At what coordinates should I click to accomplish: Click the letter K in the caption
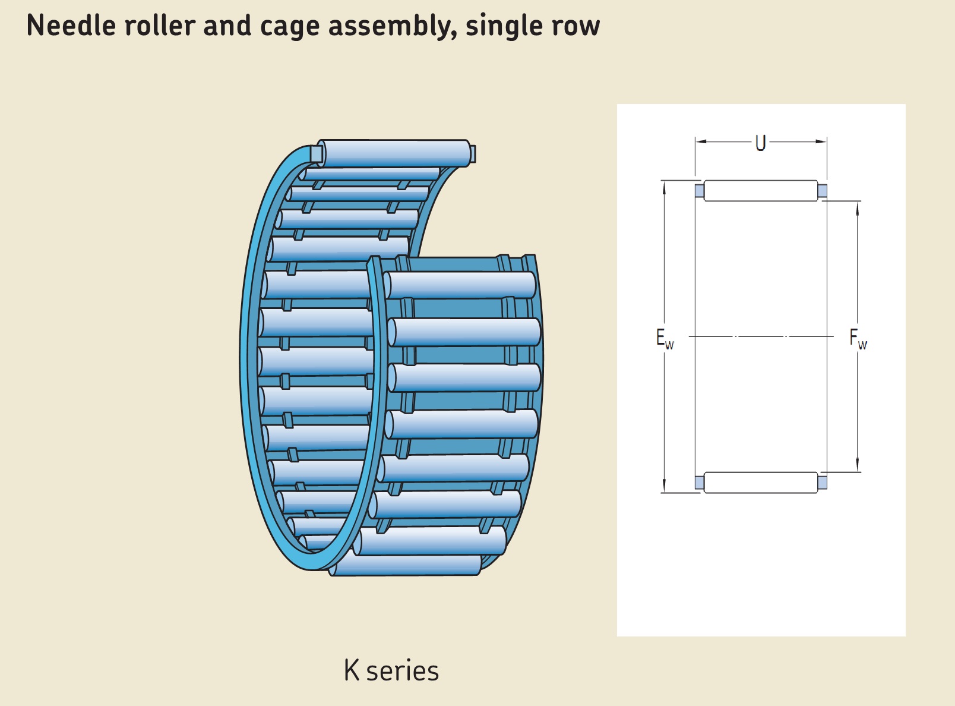tap(352, 671)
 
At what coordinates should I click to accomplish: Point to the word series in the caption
tap(402, 672)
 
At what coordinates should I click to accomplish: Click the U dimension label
tap(761, 143)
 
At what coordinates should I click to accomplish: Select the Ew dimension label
tap(665, 339)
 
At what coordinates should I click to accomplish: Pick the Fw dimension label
tap(858, 339)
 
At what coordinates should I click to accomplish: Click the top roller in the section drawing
tap(761, 191)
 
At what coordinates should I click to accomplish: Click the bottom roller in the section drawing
tap(761, 482)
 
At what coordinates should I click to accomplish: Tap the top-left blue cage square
tap(700, 191)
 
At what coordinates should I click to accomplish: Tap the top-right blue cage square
tap(822, 191)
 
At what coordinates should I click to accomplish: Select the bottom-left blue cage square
tap(700, 482)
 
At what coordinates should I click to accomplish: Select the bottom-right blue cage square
tap(822, 482)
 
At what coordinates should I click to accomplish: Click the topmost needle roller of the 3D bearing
tap(395, 153)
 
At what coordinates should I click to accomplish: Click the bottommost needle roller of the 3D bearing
tap(407, 565)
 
